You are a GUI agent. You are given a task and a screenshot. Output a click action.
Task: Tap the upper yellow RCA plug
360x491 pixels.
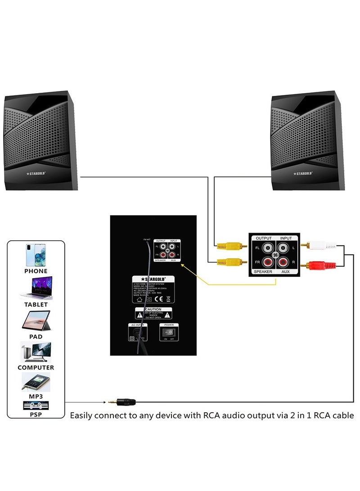tap(229, 246)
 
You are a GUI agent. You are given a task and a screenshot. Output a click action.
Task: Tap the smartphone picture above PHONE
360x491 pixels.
tap(36, 256)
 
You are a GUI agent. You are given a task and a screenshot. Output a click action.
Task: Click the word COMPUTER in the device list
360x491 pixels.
tap(36, 367)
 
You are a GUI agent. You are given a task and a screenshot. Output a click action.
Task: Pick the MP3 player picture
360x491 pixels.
tap(36, 382)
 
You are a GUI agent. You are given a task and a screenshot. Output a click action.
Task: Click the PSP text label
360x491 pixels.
tap(36, 414)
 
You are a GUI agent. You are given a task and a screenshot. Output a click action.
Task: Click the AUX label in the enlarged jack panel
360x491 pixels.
tap(285, 272)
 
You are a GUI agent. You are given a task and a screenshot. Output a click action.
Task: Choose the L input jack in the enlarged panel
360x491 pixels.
tap(283, 247)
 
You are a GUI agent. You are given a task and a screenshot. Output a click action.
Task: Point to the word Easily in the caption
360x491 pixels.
tap(82, 415)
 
